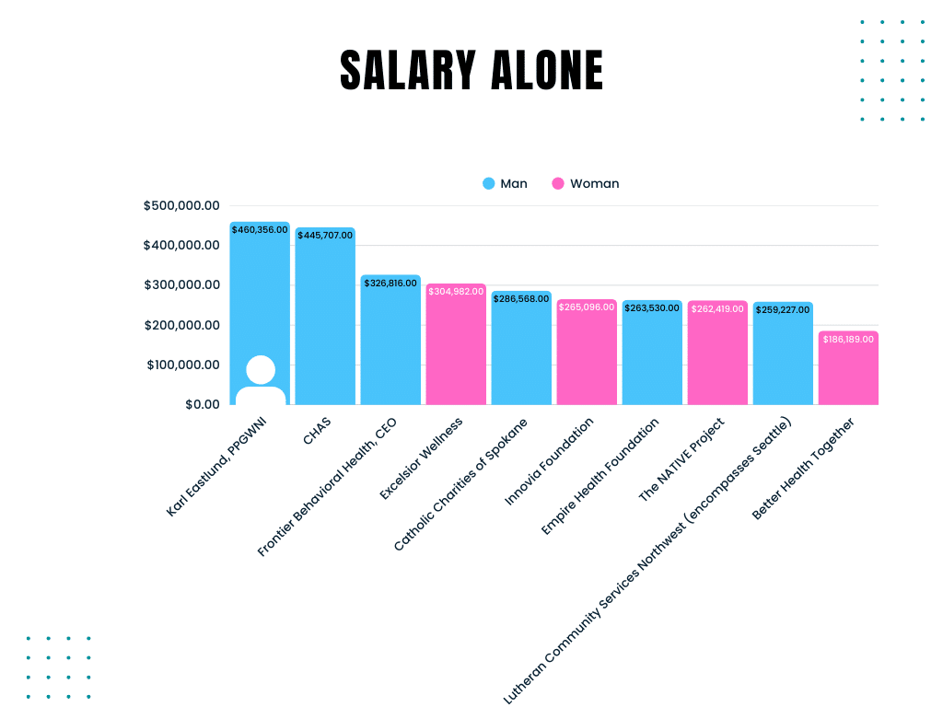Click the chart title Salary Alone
tap(471, 71)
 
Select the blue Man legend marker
tap(489, 183)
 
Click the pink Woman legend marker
tap(558, 183)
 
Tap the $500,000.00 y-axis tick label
tap(181, 205)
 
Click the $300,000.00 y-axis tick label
tap(181, 285)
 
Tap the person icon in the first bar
tap(261, 380)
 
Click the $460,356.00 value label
tap(260, 229)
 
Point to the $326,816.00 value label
tap(390, 283)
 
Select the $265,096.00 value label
tap(587, 307)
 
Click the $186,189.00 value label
tap(848, 340)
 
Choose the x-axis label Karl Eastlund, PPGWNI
tap(215, 468)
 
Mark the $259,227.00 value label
tap(783, 310)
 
